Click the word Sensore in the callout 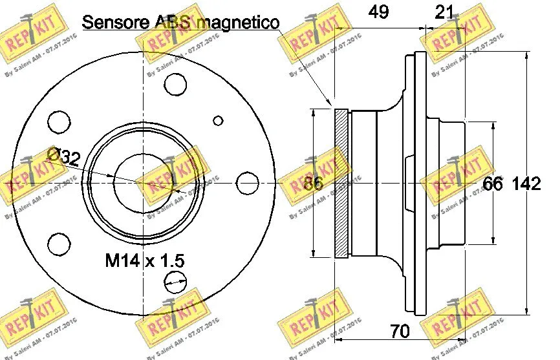click(x=114, y=22)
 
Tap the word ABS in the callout click(x=171, y=22)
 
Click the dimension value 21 click(x=444, y=12)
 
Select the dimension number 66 click(x=493, y=184)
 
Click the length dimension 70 click(x=400, y=333)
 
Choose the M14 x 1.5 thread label click(x=145, y=261)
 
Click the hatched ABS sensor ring click(x=341, y=184)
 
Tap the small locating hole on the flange click(x=218, y=120)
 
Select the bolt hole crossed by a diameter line click(x=175, y=280)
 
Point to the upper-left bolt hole click(x=59, y=121)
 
